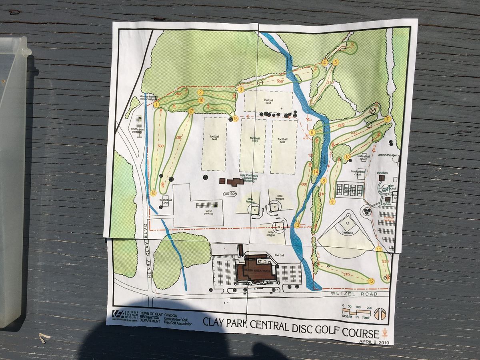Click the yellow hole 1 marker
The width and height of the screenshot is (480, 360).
pos(156,104)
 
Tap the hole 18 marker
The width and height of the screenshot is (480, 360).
pos(154,194)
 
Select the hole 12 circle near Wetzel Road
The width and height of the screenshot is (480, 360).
pos(371,281)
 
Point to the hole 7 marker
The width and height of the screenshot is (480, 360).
pos(387,119)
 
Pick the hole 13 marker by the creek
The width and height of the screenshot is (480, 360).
pos(297,225)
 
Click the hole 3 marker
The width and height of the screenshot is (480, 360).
pos(241,90)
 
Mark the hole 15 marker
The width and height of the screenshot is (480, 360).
pos(235,118)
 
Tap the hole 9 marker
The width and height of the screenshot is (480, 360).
pos(332,202)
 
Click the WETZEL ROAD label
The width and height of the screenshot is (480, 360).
pos(354,294)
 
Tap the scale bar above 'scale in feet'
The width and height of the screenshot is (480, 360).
pos(357,310)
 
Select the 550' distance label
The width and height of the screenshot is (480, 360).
pos(280,81)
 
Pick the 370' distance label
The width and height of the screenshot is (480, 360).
pos(346,275)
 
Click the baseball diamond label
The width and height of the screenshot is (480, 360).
pos(347,232)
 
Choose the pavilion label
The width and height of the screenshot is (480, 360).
pos(382,173)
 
